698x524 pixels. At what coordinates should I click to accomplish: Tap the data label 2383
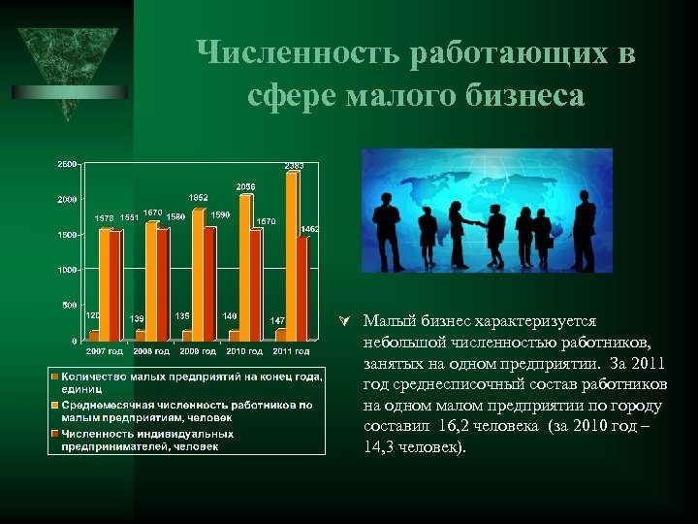coord(294,166)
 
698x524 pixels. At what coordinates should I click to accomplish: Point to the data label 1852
coord(198,198)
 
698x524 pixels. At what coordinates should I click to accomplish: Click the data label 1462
coord(310,229)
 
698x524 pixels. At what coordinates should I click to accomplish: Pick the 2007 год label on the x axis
coord(105,350)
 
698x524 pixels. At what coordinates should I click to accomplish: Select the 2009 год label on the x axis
coord(198,350)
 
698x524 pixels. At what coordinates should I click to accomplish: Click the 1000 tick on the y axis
coord(67,270)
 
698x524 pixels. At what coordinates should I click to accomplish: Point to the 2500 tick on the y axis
coord(67,164)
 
